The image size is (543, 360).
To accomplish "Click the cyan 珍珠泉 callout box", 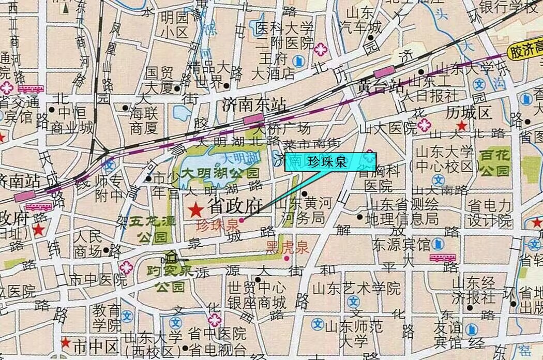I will (x=330, y=162).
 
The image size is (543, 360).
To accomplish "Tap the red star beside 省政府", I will (x=195, y=209).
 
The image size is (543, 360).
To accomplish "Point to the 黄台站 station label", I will (x=381, y=86).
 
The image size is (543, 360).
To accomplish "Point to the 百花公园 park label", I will (x=494, y=162).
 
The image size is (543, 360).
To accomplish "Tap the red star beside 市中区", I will (x=66, y=342).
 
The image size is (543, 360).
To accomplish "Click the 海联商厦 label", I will (x=144, y=119).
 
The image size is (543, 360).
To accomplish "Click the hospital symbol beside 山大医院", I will (x=425, y=125).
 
